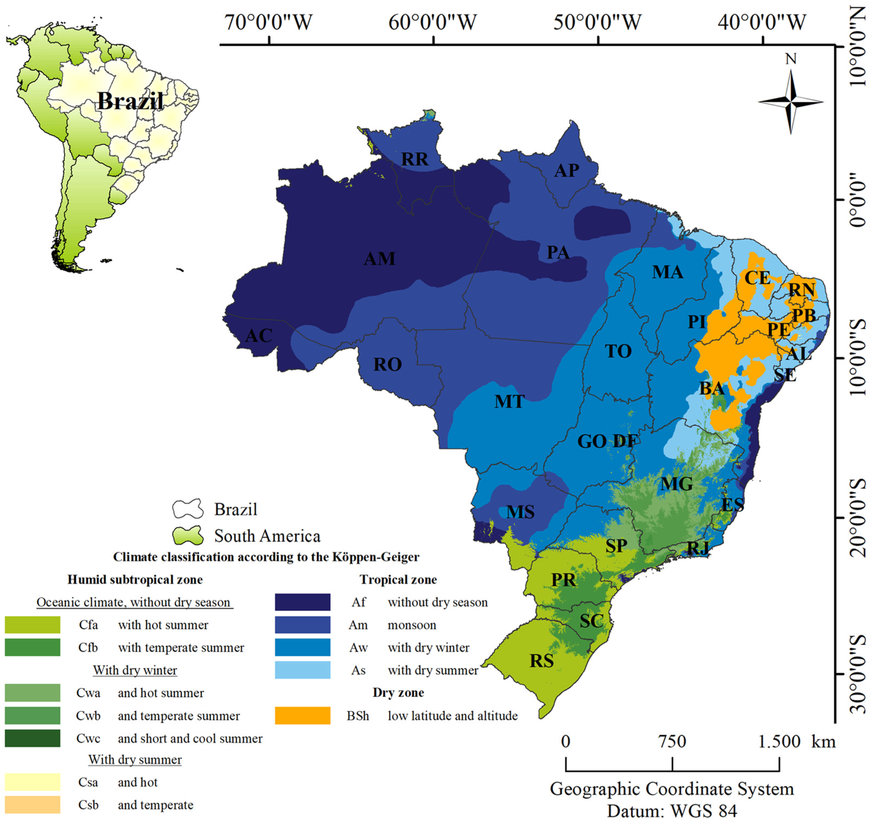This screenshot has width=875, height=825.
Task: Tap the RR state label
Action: click(415, 159)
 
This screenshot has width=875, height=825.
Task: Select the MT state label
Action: click(509, 402)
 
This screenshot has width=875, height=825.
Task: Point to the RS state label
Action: click(541, 661)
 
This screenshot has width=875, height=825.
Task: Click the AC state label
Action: click(259, 336)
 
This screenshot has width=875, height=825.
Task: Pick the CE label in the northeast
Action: click(757, 278)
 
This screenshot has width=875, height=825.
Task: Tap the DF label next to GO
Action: click(624, 441)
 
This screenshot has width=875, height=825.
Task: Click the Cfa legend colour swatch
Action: click(33, 625)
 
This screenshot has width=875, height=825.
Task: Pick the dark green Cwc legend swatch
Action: click(33, 738)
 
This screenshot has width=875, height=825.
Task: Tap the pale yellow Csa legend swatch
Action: click(33, 782)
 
